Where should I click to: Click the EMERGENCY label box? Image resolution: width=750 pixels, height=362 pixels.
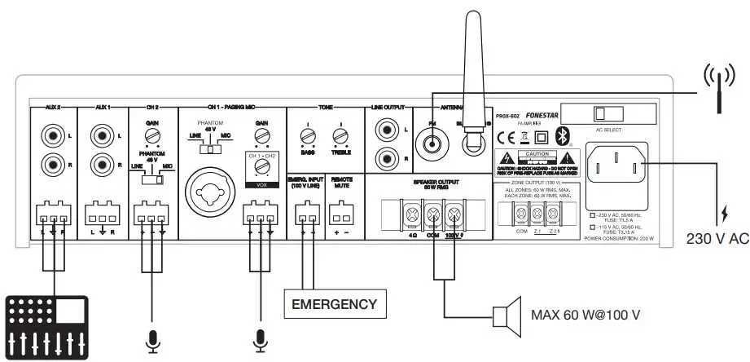coord(335,305)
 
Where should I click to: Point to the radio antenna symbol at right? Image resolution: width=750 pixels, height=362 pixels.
coord(717,87)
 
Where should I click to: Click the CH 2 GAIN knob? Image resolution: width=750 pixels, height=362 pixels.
coord(151,135)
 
